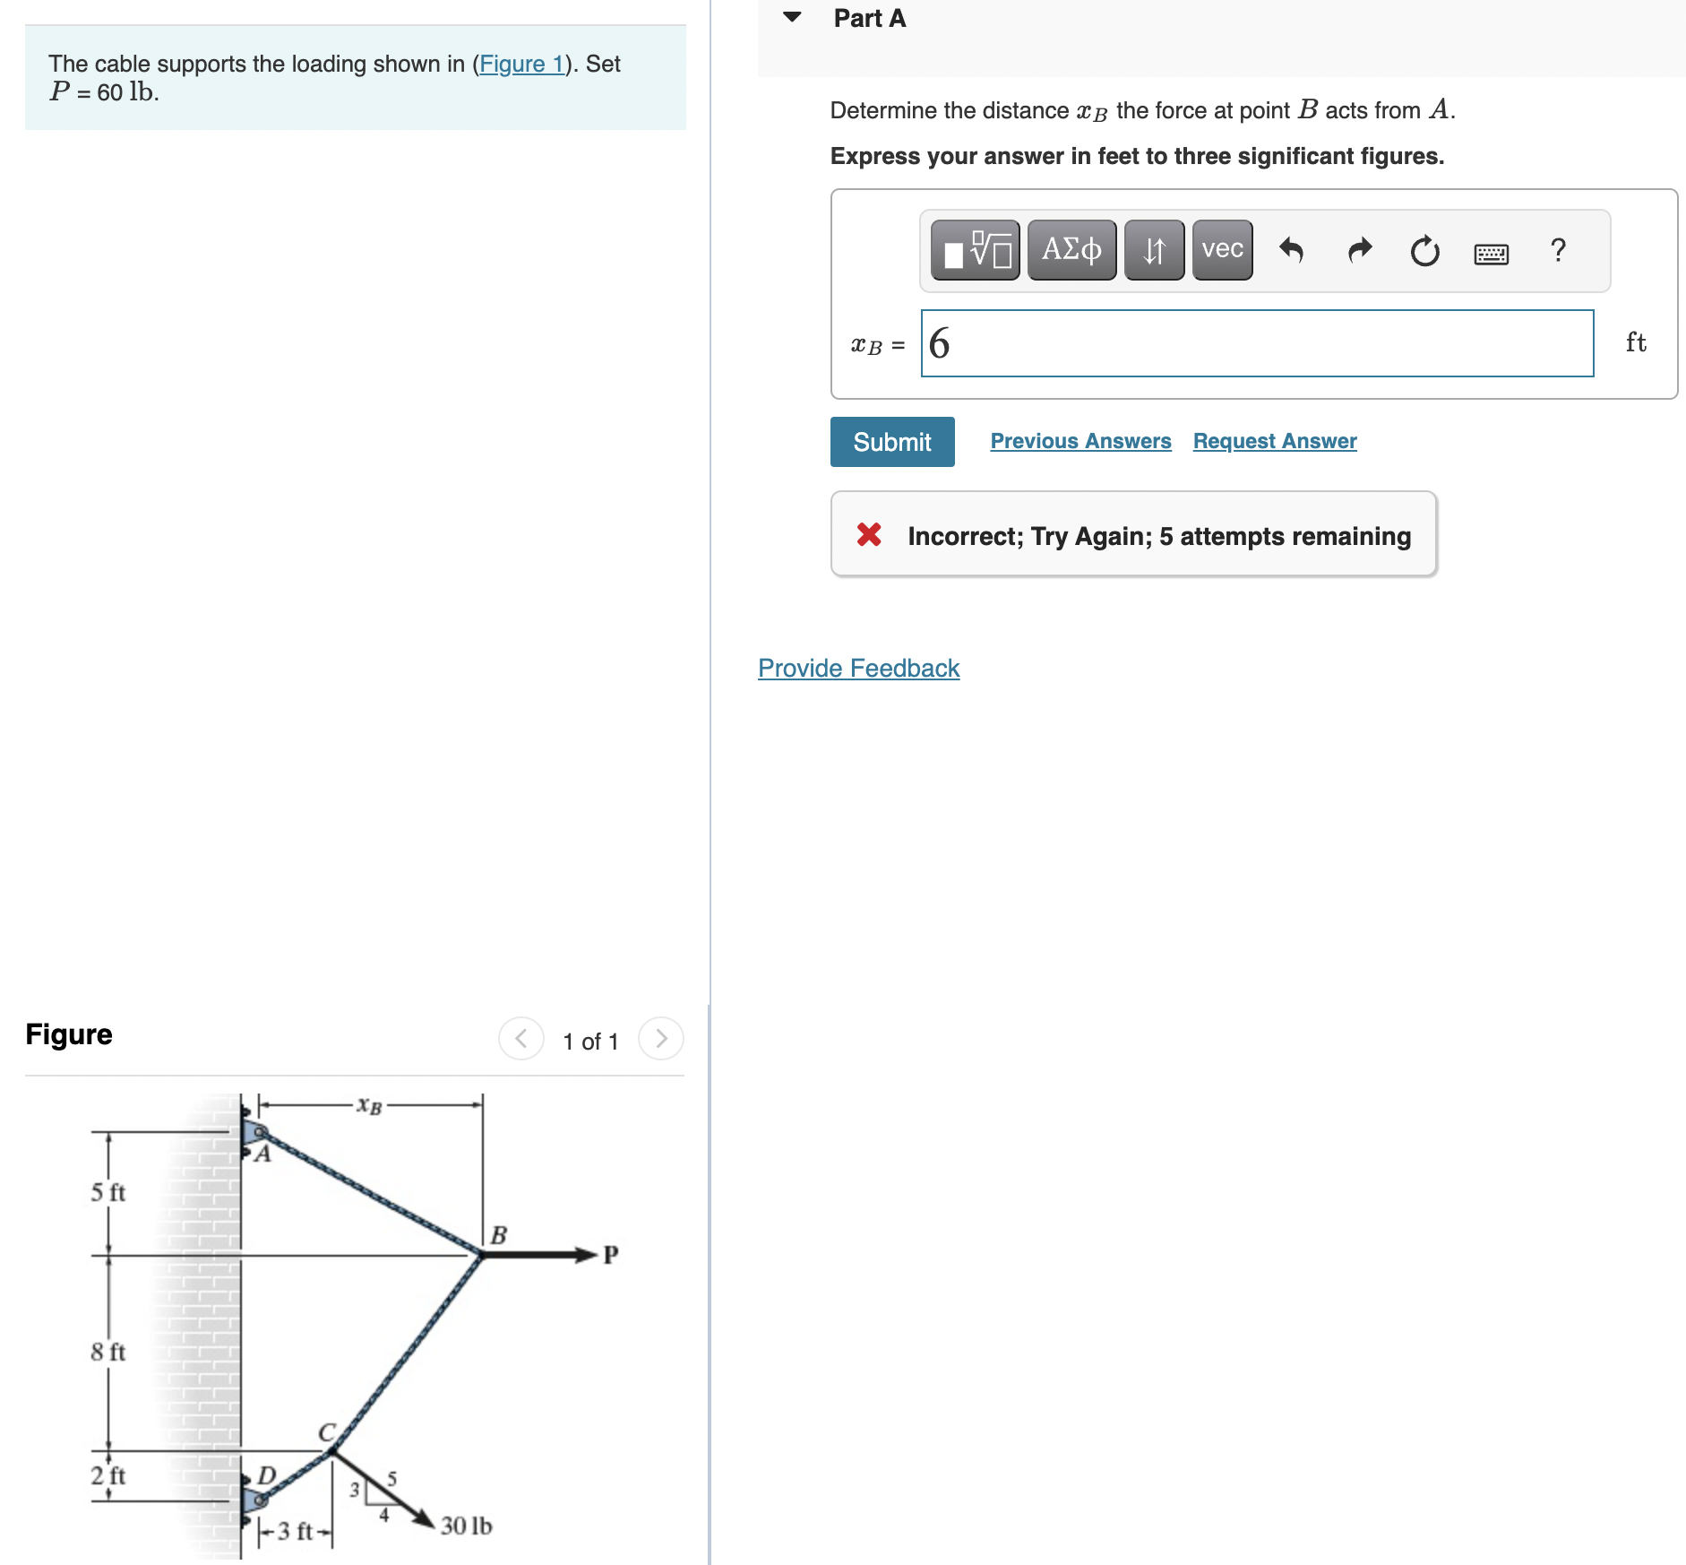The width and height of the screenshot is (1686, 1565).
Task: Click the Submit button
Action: coord(891,442)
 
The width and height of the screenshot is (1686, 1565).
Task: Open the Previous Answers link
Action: coord(1080,441)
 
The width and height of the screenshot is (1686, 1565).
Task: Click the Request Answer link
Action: coord(1274,441)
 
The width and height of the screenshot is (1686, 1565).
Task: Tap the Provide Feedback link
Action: coord(858,668)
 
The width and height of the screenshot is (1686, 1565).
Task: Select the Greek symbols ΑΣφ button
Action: coord(1071,249)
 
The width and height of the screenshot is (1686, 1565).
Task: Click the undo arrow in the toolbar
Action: coord(1291,250)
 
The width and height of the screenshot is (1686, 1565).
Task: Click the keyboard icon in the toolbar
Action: coord(1491,254)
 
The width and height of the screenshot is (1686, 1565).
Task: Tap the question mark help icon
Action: coord(1558,249)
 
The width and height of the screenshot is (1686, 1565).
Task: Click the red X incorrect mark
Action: coord(868,534)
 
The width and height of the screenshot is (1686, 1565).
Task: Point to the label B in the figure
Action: coord(499,1235)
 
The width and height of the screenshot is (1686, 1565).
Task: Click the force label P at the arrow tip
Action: coord(610,1254)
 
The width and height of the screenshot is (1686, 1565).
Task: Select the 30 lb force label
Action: coord(466,1526)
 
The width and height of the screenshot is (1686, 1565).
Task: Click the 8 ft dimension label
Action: coord(108,1352)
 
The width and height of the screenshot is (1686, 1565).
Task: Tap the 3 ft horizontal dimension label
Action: coord(295,1531)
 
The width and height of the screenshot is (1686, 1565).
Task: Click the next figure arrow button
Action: coord(661,1039)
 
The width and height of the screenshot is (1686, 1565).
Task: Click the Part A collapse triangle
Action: coord(792,17)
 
